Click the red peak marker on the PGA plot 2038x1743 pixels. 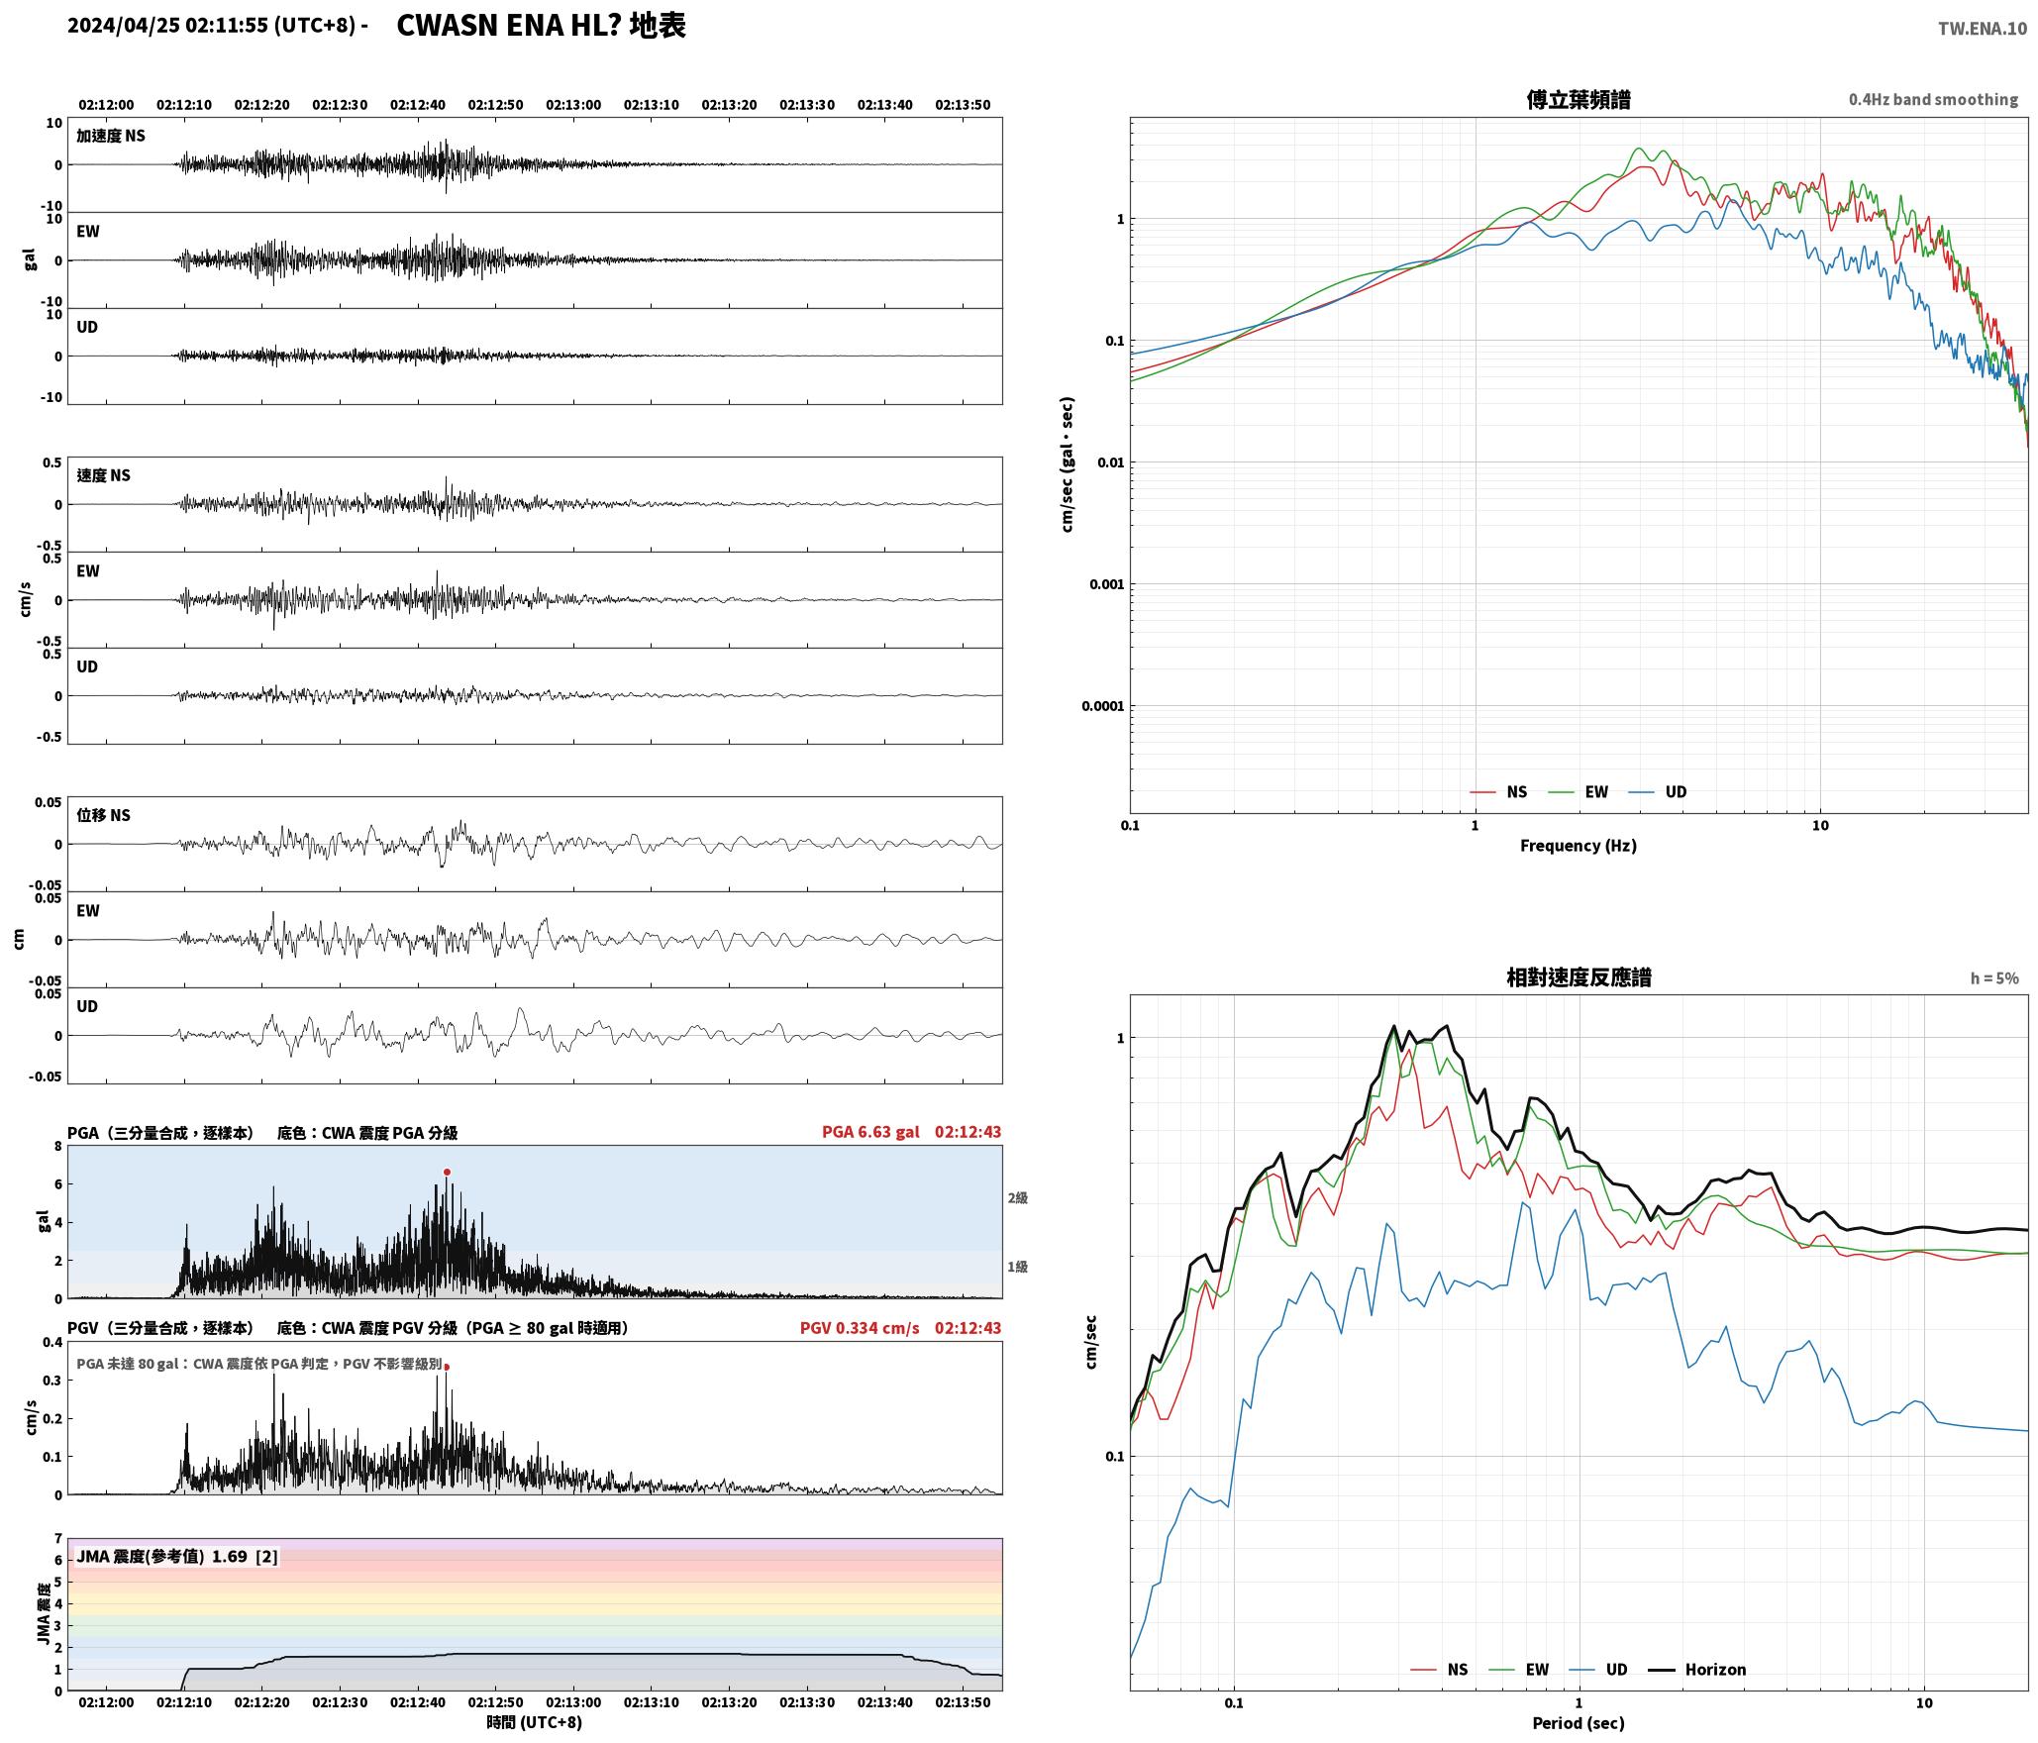(447, 1172)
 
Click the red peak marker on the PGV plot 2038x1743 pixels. (447, 1367)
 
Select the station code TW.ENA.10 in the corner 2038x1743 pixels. (1983, 29)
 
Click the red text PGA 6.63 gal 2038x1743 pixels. (870, 1132)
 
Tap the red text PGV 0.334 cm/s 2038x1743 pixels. (860, 1328)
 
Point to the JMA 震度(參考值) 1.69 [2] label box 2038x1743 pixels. (177, 1556)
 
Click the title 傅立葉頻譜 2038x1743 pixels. (1579, 99)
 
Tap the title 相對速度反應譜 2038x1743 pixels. (1579, 976)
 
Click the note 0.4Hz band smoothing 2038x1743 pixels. (1933, 100)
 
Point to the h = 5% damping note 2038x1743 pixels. (1994, 978)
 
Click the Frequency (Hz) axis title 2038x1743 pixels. (1579, 846)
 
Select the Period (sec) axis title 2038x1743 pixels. (1579, 1723)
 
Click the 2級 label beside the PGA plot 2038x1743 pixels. (1018, 1197)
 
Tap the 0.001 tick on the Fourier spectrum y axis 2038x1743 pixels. (1107, 584)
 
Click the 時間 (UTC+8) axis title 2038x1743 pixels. (534, 1722)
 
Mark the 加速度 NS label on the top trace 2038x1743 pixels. (111, 136)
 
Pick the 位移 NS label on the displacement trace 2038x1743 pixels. (104, 815)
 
